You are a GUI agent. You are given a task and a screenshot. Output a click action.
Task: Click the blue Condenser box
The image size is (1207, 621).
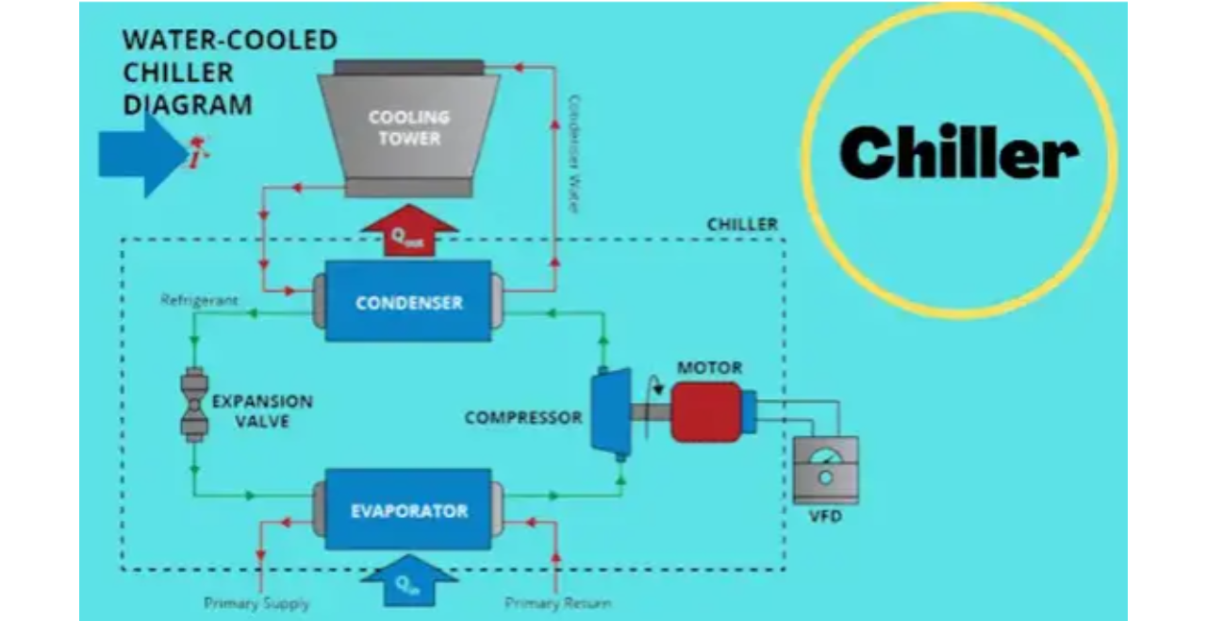click(408, 301)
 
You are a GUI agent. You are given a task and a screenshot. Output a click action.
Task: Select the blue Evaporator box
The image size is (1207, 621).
click(408, 510)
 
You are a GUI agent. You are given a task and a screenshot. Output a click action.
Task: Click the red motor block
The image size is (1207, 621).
click(707, 412)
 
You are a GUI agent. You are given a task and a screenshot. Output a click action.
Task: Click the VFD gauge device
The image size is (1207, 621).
click(825, 468)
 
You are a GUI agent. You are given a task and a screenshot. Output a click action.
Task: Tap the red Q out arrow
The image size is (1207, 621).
click(408, 235)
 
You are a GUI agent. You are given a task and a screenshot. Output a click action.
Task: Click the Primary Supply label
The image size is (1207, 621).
click(256, 603)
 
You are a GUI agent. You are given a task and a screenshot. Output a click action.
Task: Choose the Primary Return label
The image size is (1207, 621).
click(557, 603)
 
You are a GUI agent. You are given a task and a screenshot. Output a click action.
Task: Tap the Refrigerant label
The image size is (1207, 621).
click(199, 301)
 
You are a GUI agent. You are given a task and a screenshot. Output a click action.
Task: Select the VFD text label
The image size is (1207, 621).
click(825, 518)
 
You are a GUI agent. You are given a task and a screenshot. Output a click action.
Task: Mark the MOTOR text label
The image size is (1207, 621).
click(709, 367)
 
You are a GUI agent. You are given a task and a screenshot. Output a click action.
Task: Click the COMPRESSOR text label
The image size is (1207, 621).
click(523, 416)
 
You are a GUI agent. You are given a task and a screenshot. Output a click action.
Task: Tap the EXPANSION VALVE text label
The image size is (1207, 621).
click(262, 411)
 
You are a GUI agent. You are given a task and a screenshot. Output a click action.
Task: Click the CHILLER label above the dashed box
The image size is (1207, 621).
click(742, 225)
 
